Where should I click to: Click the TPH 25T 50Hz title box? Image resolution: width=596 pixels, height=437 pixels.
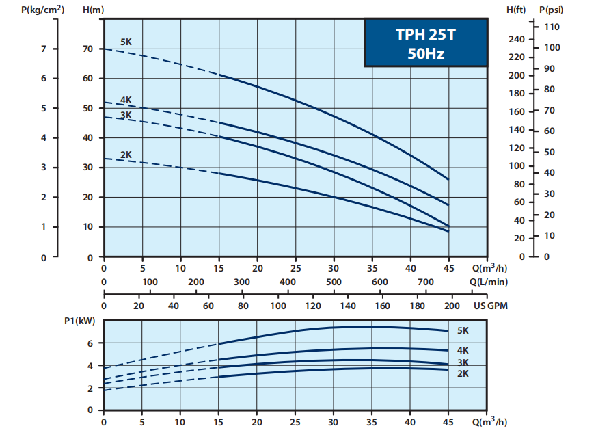coord(426,42)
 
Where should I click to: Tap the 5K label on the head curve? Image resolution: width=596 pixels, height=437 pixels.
coord(126,42)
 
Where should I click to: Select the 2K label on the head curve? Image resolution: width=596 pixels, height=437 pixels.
coord(126,155)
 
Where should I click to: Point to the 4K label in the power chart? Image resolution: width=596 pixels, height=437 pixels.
coord(463,350)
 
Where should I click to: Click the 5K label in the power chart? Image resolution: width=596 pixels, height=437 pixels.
coord(463,330)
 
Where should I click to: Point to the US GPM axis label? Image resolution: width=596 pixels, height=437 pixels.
coord(491,306)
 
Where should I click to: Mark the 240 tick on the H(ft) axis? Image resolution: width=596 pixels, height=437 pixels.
coord(517,39)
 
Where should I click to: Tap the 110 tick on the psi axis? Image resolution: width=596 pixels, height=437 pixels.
coord(552,27)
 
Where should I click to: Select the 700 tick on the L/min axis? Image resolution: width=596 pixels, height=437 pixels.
coord(425,282)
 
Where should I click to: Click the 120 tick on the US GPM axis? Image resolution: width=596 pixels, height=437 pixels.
coord(313,306)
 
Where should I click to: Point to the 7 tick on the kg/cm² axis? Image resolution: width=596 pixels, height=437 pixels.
coord(44,49)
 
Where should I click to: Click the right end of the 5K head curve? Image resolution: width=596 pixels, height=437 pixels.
coord(448,179)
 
